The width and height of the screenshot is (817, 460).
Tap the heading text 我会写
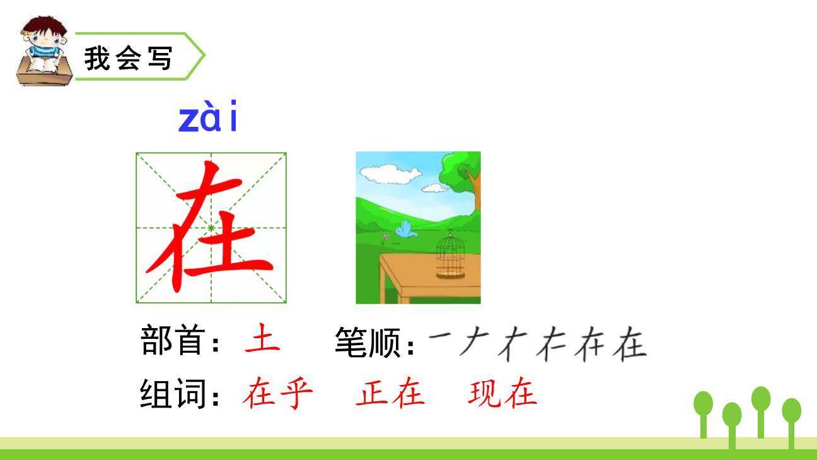tap(128, 58)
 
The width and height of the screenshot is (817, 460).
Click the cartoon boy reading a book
tap(42, 52)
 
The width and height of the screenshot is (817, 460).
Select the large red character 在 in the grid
tap(211, 227)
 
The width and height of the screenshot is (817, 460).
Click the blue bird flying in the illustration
tap(405, 230)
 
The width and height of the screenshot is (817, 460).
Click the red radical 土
tap(262, 338)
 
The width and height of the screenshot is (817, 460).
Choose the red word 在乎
tap(277, 393)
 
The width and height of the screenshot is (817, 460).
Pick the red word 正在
tap(390, 393)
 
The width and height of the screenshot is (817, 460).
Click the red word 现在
tap(502, 393)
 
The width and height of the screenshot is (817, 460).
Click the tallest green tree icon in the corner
tap(761, 410)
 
